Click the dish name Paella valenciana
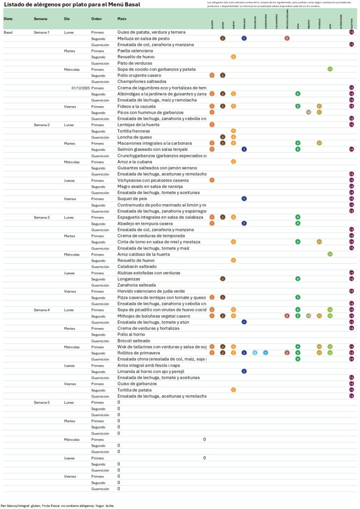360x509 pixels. pos(135,50)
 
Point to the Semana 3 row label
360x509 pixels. pos(42,217)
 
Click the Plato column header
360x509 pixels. pos(122,18)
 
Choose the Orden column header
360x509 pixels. pos(97,18)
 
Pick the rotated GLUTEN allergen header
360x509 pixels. pos(212,24)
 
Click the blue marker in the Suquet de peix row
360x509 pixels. pos(244,199)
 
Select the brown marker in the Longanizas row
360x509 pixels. pos(223,279)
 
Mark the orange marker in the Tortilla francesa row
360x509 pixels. pos(233,131)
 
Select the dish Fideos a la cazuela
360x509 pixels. pos(136,106)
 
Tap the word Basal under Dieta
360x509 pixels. pos(8,32)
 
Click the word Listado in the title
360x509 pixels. pos(16,4)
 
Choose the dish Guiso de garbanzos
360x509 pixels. pos(137,383)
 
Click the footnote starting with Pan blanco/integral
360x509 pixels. pos(57,506)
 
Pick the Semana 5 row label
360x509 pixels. pos(42,402)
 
